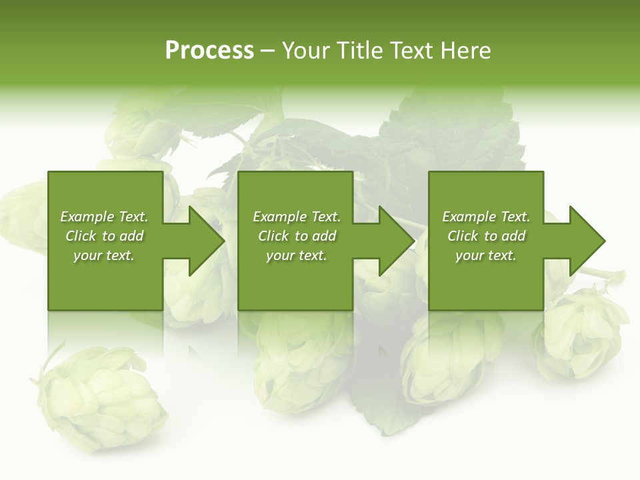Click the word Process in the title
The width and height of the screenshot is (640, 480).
[x=209, y=51]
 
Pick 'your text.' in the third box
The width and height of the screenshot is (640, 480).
[x=486, y=255]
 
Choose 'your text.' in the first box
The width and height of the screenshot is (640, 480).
[x=104, y=255]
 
